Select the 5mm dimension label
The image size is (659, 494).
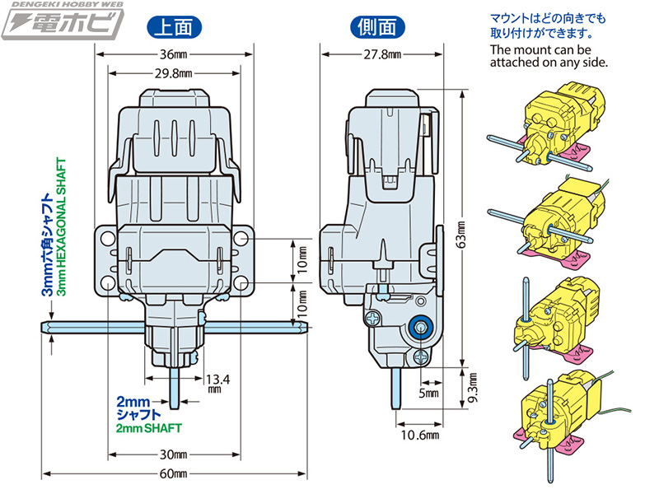click(x=430, y=394)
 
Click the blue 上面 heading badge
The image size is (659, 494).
click(x=175, y=26)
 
